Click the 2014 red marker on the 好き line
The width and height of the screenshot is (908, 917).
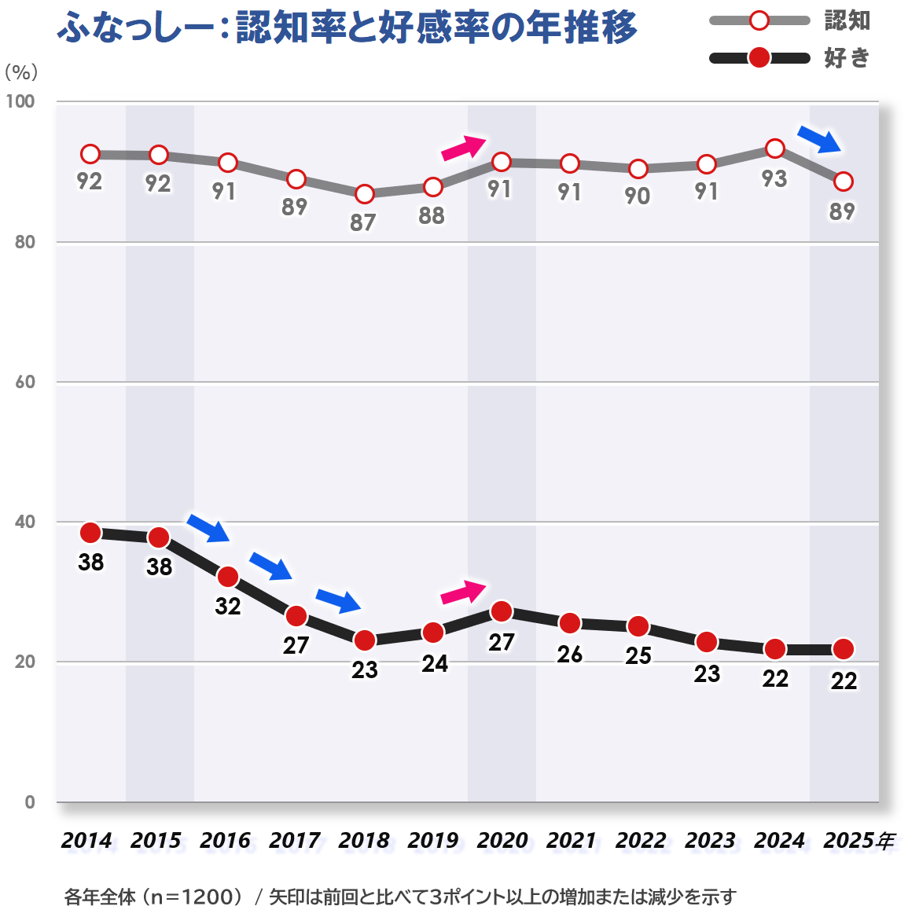point(90,533)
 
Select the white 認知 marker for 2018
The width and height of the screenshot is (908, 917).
point(364,194)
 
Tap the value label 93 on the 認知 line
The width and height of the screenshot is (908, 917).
point(774,178)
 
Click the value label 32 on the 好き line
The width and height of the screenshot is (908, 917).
point(228,606)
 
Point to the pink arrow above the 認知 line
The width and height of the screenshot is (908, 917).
point(464,147)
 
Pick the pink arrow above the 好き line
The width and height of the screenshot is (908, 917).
point(464,592)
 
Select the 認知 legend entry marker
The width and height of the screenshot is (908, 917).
point(759,20)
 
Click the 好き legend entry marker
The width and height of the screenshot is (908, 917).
point(759,58)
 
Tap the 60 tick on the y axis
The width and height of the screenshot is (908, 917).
point(25,382)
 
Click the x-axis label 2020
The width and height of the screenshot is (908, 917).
point(502,841)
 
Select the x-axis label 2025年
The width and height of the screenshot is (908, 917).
point(858,841)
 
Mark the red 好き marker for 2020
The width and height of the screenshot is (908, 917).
point(502,611)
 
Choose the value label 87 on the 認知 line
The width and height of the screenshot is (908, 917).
point(362,222)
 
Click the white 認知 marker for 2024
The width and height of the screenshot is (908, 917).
point(775,149)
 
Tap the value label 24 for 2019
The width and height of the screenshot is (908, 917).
point(434,664)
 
